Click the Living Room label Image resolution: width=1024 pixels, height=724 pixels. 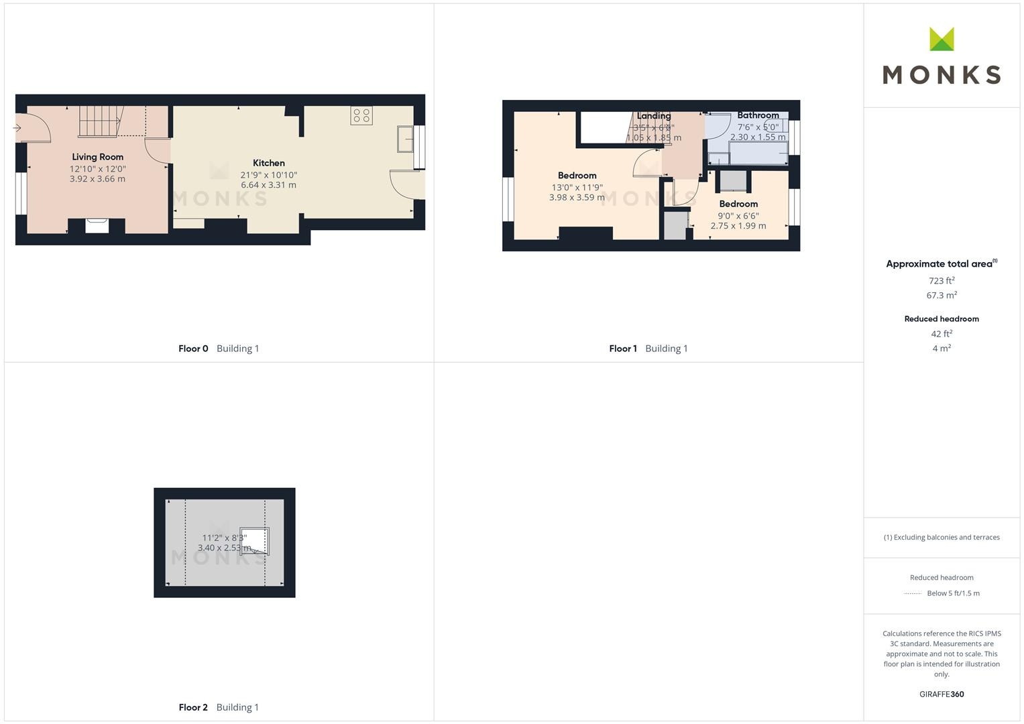click(x=98, y=157)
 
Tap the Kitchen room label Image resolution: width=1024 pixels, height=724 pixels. click(x=269, y=163)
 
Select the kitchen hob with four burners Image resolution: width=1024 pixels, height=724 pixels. click(x=361, y=115)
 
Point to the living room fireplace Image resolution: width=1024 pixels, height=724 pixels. click(x=97, y=225)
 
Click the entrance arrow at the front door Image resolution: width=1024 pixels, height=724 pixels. click(x=17, y=128)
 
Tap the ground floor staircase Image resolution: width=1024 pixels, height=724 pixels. click(x=101, y=121)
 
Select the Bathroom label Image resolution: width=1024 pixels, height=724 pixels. click(x=758, y=115)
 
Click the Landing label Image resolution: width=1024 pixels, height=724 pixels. click(x=654, y=116)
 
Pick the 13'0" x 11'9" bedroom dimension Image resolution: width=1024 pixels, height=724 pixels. click(x=577, y=188)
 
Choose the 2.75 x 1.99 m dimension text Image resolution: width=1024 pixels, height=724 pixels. click(x=738, y=226)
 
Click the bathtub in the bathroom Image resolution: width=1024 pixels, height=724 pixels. click(x=758, y=154)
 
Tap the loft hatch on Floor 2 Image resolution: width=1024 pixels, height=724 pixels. click(x=255, y=541)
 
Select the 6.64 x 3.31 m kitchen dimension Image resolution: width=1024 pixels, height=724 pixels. click(x=268, y=185)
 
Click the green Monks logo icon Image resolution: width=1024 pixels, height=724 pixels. click(x=942, y=40)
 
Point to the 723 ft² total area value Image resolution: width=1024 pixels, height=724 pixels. click(x=942, y=281)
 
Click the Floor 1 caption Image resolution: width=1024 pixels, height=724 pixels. click(x=623, y=349)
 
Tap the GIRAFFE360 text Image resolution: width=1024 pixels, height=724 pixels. click(x=942, y=695)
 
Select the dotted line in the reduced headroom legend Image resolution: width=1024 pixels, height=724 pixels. click(x=912, y=593)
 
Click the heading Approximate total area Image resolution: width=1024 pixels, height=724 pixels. click(x=939, y=264)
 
